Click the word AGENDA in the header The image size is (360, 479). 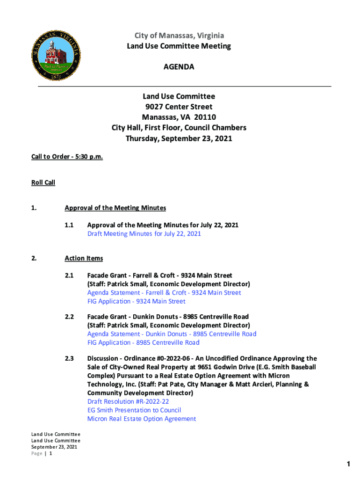(x=179, y=67)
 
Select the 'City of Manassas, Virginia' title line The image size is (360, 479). (x=179, y=36)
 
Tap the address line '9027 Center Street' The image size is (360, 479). (x=179, y=107)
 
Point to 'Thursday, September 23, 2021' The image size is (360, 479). (x=179, y=138)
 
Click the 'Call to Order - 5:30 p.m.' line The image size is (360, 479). (x=67, y=157)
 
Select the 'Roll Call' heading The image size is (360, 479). (x=43, y=182)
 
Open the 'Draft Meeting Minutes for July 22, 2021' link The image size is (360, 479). (x=144, y=233)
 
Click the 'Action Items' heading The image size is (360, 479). (x=84, y=258)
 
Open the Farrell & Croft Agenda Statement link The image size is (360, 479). (x=164, y=293)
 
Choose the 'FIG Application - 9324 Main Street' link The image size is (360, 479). (x=136, y=301)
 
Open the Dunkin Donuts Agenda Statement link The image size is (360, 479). (x=172, y=334)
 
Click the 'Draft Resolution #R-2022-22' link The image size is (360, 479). (x=128, y=401)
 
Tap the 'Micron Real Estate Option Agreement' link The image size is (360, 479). (x=142, y=419)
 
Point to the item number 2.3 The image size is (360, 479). (x=70, y=359)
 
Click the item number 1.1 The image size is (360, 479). (x=70, y=225)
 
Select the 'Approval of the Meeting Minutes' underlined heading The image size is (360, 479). (x=115, y=208)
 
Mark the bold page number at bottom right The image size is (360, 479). (x=348, y=464)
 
